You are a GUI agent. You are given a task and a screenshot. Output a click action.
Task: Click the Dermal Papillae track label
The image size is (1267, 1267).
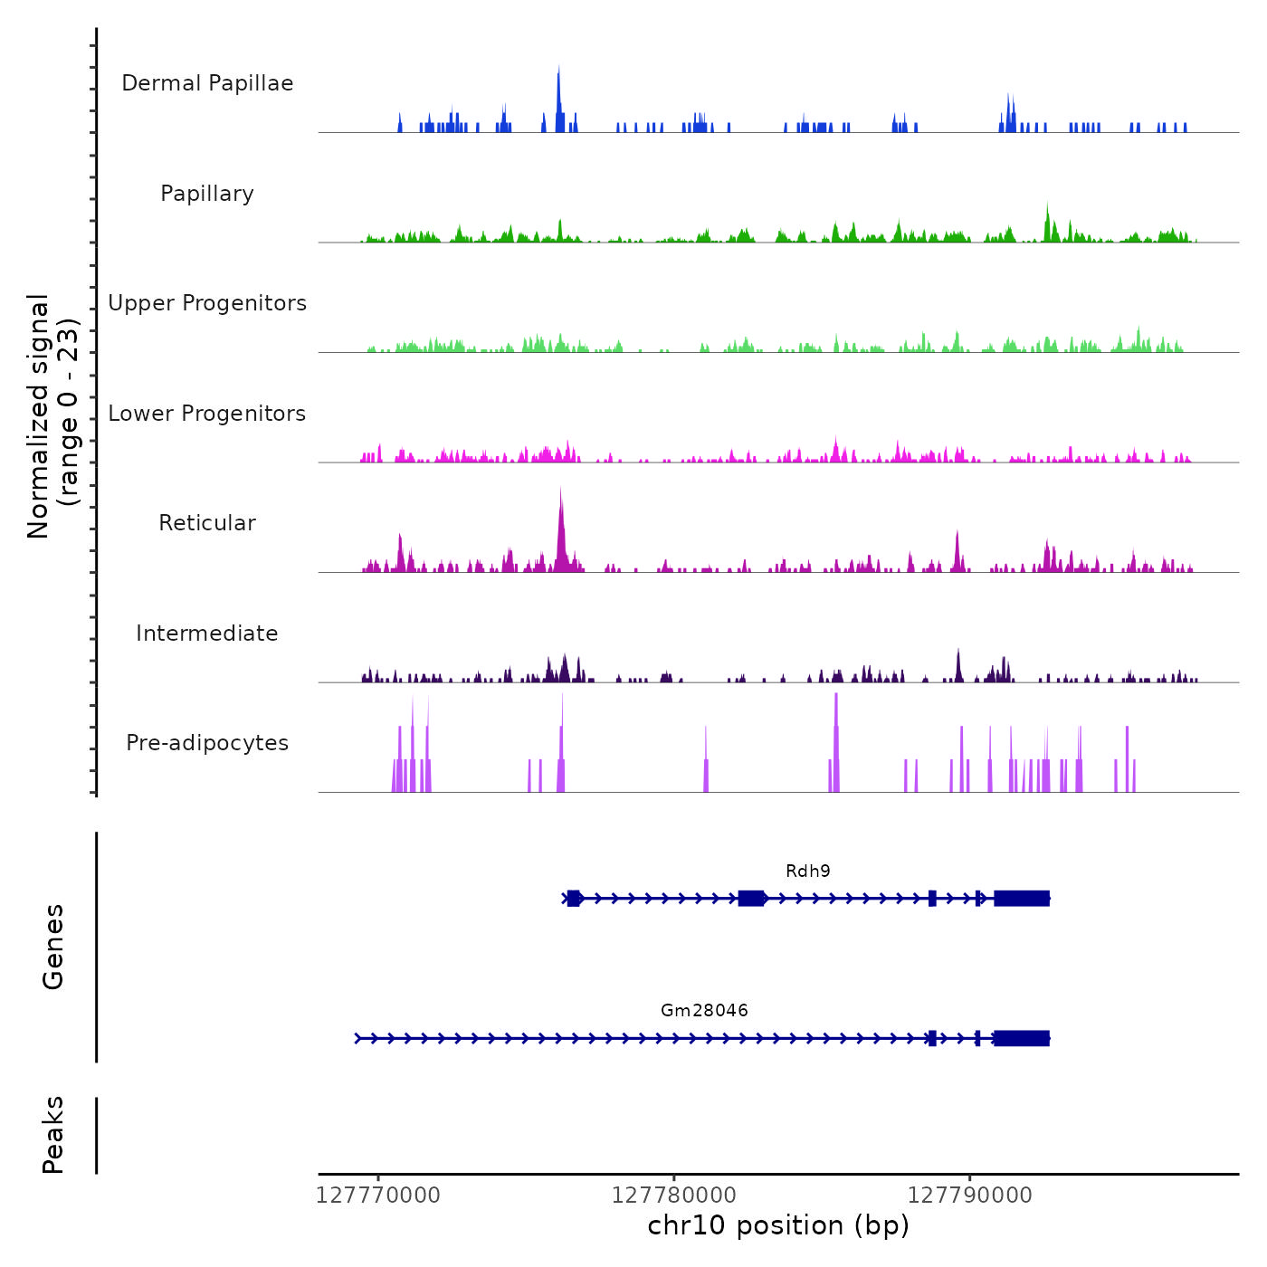[x=207, y=83]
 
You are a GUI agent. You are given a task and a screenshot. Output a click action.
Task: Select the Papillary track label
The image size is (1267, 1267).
[x=207, y=194]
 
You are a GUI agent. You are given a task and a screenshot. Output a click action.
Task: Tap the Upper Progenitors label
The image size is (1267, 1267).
[x=207, y=303]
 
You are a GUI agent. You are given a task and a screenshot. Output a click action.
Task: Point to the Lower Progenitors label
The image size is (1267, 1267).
[x=207, y=414]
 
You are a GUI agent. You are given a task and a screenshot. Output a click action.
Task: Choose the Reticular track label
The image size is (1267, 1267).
[x=207, y=523]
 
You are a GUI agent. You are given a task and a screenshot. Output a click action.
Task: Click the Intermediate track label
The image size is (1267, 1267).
[x=207, y=633]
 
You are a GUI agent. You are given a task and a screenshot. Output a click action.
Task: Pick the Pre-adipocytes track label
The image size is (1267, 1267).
[x=207, y=743]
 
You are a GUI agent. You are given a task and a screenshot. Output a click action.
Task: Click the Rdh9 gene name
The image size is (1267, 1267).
[x=807, y=872]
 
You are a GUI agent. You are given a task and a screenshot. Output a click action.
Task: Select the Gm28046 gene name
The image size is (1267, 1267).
[x=704, y=1011]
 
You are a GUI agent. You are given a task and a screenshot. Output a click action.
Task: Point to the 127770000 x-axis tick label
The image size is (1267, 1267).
[x=378, y=1196]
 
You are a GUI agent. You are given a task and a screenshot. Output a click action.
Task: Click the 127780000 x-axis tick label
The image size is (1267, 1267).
[x=674, y=1196]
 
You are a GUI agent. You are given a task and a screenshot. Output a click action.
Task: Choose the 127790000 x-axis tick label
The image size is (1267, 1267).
[x=969, y=1196]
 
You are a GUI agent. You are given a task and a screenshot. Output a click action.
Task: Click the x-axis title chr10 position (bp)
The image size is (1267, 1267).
[x=778, y=1225]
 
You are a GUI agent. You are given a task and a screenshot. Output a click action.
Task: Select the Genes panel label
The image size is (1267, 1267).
[x=53, y=947]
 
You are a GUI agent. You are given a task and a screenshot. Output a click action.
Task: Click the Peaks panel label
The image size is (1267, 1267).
[x=53, y=1135]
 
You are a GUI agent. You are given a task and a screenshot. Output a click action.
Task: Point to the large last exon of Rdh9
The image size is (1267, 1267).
[x=1022, y=899]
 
